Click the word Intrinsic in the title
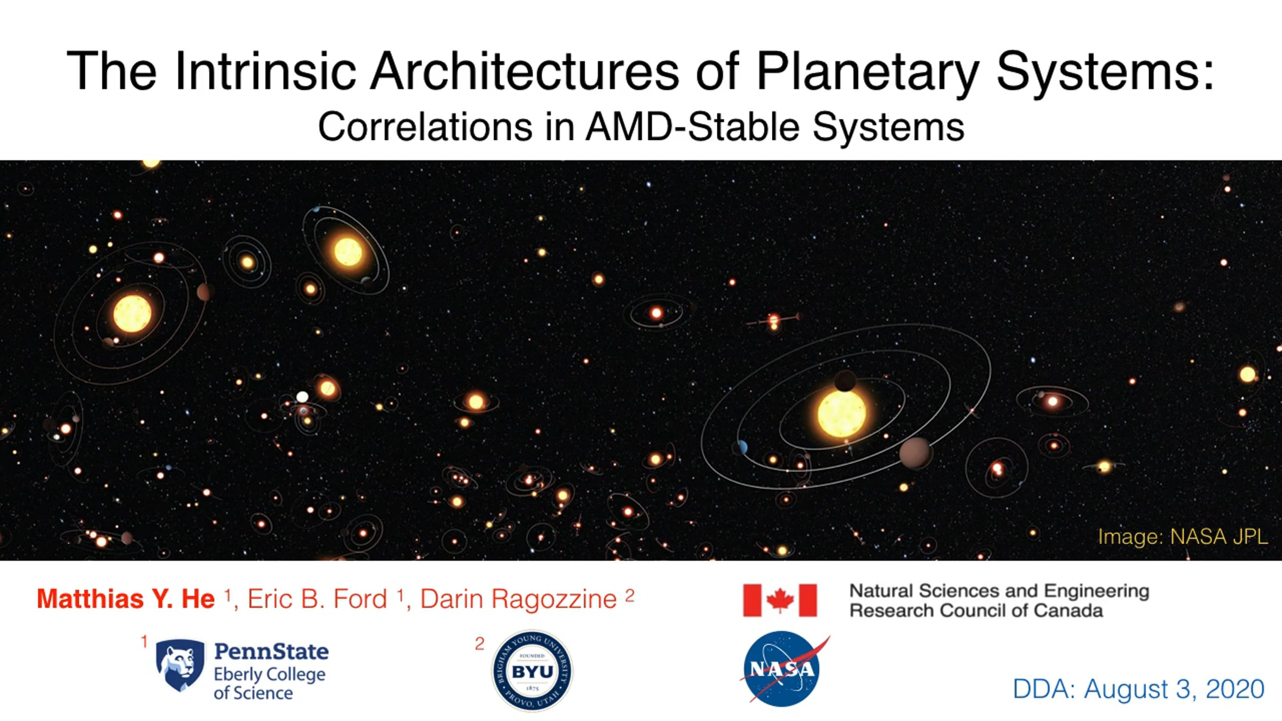[x=265, y=72]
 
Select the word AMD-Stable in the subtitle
[x=693, y=127]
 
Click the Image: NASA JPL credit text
[x=1183, y=537]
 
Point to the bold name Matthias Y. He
[x=126, y=599]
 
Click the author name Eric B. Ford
[x=317, y=599]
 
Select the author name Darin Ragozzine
[x=519, y=599]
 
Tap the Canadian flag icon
[x=780, y=600]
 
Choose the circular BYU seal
[x=532, y=671]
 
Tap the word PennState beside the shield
[x=271, y=652]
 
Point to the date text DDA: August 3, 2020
[x=1139, y=689]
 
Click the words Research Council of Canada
[x=976, y=610]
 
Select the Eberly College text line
[x=270, y=674]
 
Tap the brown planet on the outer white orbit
[x=916, y=453]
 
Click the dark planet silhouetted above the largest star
[x=845, y=381]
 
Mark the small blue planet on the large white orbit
[x=742, y=447]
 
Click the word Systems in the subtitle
[x=888, y=128]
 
